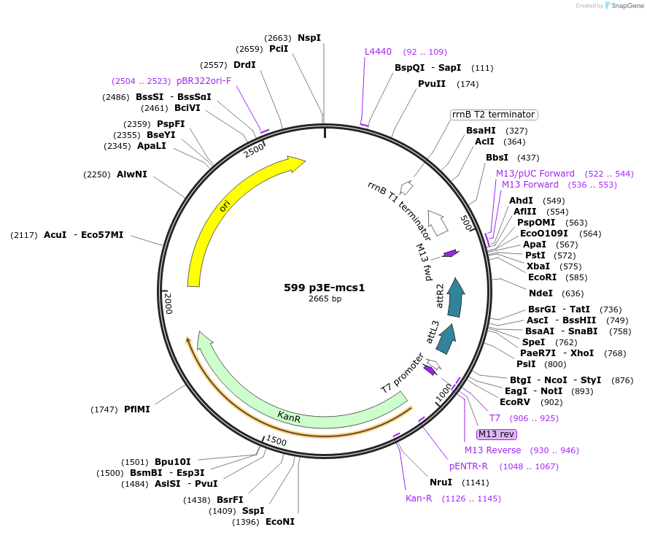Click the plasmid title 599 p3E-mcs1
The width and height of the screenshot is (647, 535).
tap(324, 288)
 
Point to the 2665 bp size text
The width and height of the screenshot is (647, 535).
tap(325, 299)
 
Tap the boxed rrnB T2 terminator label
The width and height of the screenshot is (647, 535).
tap(494, 115)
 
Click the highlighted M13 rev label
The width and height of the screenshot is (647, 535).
tap(497, 434)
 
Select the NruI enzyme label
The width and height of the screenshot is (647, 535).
tap(441, 482)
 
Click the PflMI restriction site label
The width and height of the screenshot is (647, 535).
tap(137, 409)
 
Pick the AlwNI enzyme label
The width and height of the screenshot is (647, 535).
tap(132, 174)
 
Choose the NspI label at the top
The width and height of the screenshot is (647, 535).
tap(309, 38)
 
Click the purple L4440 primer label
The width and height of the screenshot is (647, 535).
tap(379, 52)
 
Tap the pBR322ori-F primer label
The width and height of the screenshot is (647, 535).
tap(204, 81)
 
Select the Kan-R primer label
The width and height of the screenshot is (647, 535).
tap(419, 499)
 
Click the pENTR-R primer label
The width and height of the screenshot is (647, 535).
tap(469, 466)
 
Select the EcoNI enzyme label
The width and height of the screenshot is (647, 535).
tap(280, 522)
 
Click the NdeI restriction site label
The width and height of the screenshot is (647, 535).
tap(541, 293)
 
